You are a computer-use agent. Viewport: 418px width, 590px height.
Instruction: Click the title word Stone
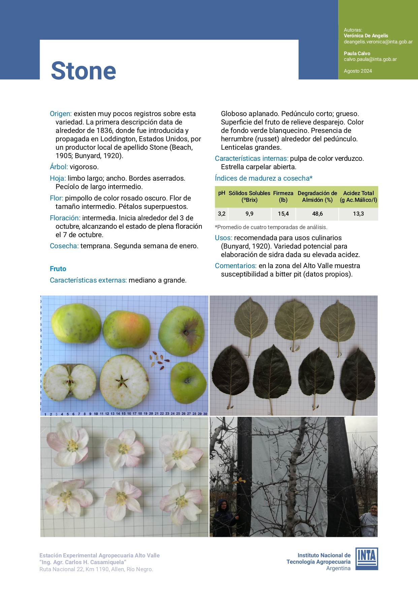point(84,71)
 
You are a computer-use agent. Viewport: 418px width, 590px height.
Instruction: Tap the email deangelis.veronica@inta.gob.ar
point(378,42)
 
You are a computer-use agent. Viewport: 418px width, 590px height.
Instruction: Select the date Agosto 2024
point(358,71)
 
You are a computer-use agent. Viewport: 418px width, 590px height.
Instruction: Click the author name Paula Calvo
point(357,53)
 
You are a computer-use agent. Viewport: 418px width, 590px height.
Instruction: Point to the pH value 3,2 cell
point(222,214)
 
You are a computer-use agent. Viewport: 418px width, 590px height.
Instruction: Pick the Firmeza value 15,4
point(283,214)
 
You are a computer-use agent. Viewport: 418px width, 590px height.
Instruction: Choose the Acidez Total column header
point(358,196)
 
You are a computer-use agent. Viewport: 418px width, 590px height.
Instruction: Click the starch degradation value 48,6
point(317,214)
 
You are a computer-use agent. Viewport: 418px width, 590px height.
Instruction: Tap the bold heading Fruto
point(58,269)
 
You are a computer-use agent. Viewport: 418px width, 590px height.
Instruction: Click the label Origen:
point(61,114)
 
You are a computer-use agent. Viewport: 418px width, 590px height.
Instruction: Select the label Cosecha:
point(64,246)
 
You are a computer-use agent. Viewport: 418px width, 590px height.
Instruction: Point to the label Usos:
point(223,238)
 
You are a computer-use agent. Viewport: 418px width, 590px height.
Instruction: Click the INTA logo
point(367,559)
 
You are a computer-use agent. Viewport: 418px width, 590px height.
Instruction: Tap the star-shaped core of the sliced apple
point(122,382)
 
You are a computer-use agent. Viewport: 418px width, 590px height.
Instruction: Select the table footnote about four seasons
point(271,227)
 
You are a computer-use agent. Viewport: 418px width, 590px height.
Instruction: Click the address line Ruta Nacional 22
point(96,569)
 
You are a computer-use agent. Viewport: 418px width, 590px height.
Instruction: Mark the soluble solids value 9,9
point(249,214)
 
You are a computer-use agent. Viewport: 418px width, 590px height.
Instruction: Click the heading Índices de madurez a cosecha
point(263,178)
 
